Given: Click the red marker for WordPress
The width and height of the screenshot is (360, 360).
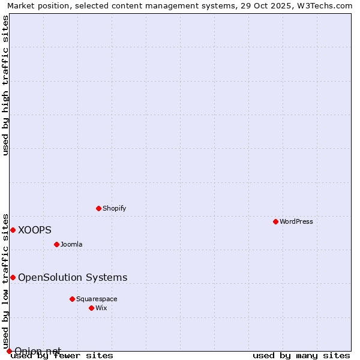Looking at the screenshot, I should [275, 221].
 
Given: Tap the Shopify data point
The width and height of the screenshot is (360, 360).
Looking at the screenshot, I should [99, 208].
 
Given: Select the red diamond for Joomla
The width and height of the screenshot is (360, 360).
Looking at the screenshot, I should [56, 244].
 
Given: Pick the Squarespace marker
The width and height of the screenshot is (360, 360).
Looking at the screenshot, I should [72, 299].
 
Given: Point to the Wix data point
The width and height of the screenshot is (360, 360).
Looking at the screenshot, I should [91, 308].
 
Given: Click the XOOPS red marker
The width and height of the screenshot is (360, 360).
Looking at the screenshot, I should [13, 230].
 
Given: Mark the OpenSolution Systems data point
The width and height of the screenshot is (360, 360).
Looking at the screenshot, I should [13, 277].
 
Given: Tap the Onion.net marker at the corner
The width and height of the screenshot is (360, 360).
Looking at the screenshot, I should [9, 351].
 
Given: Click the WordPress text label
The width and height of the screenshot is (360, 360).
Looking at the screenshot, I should [296, 221].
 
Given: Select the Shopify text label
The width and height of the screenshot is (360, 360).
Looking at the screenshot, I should [114, 208].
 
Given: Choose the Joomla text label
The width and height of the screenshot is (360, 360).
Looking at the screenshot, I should [71, 244].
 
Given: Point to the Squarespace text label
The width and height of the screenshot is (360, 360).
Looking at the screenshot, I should [97, 299].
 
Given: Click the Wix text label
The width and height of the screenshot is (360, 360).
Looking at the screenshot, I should [101, 308].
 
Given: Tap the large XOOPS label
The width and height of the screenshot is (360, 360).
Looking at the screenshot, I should [35, 230].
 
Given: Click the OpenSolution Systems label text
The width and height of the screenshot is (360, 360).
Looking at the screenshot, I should [73, 277].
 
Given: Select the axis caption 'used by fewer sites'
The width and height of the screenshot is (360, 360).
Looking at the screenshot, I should [62, 355].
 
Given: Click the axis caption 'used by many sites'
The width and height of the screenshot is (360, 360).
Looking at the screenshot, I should [301, 355].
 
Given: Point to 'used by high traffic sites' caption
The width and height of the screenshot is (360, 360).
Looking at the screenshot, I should [5, 85].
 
